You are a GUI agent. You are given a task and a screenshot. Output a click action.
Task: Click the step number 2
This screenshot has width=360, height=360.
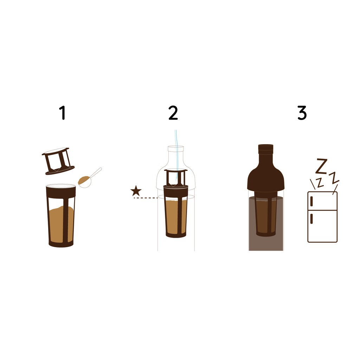pos(173,113)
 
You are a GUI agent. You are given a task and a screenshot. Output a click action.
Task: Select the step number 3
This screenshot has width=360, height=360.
pos(302,113)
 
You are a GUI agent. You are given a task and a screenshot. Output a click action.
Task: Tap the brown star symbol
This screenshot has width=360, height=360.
pos(136,191)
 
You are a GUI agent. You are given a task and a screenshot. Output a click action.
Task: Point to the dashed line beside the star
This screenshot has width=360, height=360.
pos(146,198)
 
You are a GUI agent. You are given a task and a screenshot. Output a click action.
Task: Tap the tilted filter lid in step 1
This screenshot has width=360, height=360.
pos(58,161)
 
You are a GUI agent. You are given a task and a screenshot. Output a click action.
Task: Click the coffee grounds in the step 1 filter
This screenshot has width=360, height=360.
pos(61,224)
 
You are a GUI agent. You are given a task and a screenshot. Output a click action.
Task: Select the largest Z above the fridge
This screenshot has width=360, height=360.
pos(322,166)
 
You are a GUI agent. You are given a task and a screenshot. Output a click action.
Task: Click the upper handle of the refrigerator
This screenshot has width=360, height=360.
pos(311,201)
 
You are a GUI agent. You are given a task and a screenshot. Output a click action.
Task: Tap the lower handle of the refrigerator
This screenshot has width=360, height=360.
pos(311,218)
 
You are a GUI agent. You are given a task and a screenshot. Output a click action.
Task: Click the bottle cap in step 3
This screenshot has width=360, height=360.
pos(266,149)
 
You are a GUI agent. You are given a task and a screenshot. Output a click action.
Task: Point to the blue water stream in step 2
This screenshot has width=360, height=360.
pos(176,156)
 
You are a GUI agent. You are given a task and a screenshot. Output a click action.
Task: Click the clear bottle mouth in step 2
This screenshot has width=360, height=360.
pos(176,149)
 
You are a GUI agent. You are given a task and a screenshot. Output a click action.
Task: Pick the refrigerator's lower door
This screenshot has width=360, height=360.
pos(322,226)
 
